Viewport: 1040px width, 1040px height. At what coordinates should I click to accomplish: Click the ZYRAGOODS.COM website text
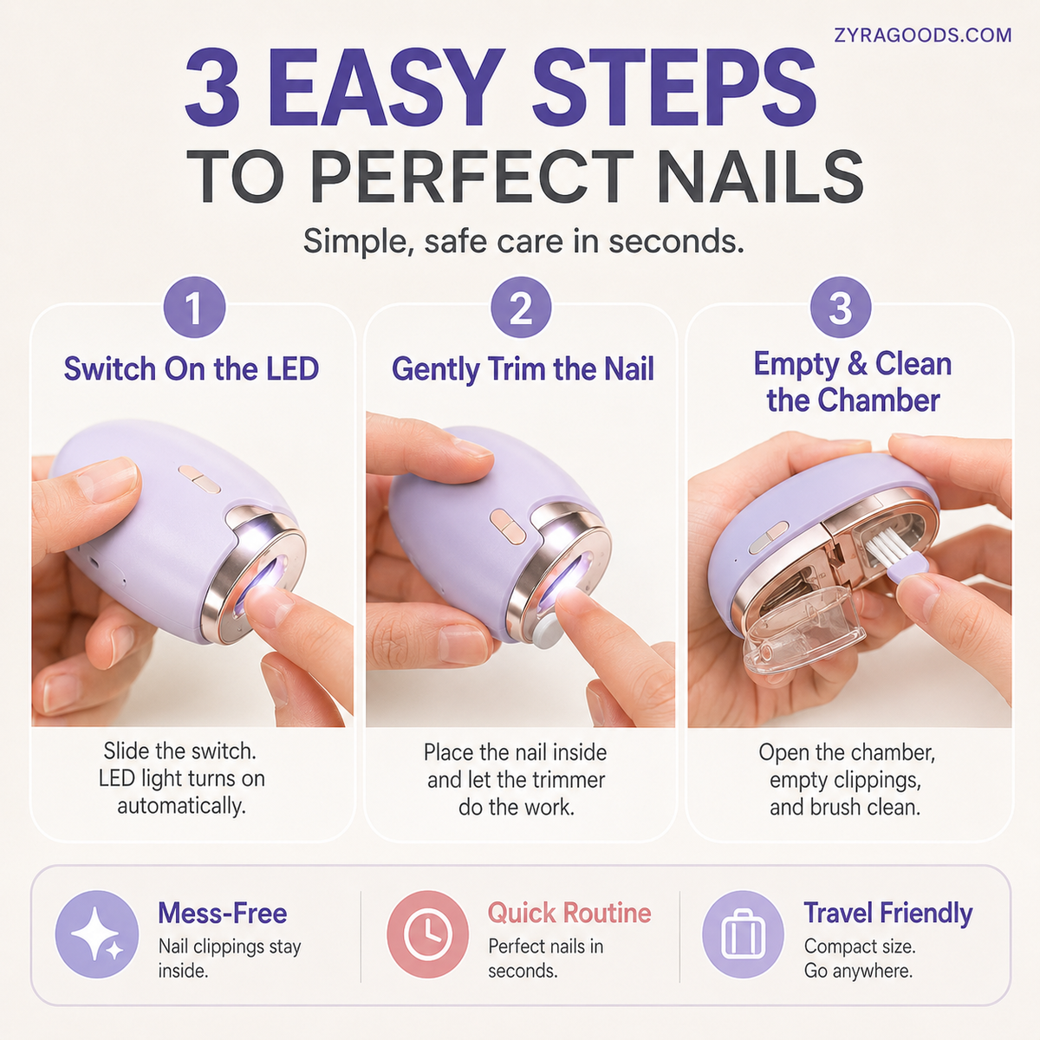(922, 35)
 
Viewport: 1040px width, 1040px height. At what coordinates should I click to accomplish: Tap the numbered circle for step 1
(194, 307)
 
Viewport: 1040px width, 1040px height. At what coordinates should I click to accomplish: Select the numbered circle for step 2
(521, 307)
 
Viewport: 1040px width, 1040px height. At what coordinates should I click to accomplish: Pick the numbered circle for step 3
(841, 307)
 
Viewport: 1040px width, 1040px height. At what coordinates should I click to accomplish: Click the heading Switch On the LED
(192, 368)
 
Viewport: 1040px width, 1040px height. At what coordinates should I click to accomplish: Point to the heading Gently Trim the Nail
(523, 370)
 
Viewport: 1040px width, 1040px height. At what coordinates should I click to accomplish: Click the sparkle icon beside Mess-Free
(97, 934)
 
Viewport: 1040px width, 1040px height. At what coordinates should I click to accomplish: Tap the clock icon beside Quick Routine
(428, 934)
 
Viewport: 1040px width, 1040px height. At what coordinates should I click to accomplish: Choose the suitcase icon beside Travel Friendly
(743, 934)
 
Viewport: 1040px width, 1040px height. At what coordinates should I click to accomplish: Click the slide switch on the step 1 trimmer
(199, 479)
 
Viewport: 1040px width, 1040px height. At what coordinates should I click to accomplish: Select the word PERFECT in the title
(471, 177)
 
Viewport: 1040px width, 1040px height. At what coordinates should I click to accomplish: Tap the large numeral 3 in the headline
(212, 88)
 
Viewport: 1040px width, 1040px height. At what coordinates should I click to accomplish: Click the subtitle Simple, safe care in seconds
(523, 241)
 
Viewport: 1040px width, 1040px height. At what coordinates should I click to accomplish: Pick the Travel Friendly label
(887, 913)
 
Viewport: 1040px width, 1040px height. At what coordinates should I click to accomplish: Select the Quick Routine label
(569, 913)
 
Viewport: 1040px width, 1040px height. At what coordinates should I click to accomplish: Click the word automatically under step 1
(182, 806)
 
